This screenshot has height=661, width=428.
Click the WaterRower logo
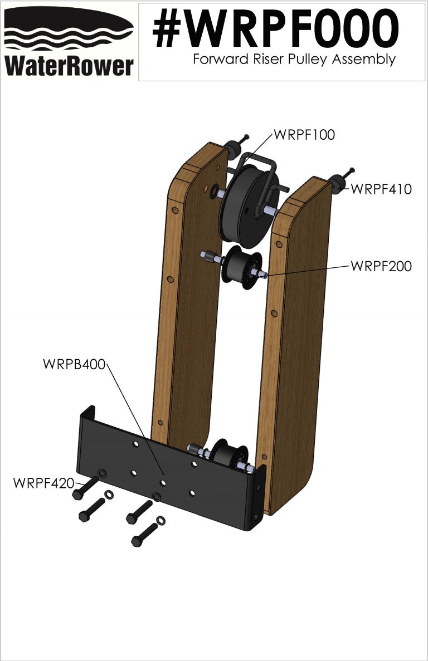point(69,42)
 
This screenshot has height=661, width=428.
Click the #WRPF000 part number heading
point(275,29)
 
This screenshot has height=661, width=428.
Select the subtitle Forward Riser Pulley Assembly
point(294,60)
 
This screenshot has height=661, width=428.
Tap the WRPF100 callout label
point(304,135)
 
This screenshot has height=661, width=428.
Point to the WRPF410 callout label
point(381,189)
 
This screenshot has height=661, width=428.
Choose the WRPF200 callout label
point(381,266)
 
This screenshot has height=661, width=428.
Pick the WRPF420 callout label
point(43,482)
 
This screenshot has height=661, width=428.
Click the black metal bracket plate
point(167,479)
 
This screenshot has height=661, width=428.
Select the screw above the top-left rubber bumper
point(244,139)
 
